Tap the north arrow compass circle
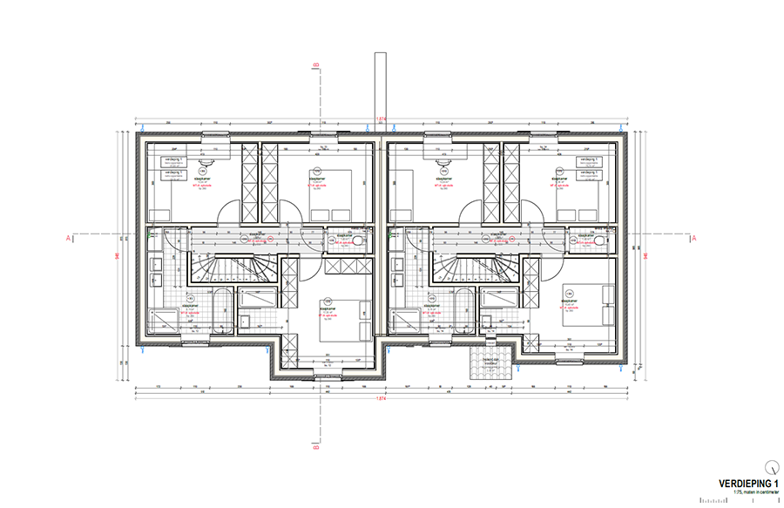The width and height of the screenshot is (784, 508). [x=771, y=464]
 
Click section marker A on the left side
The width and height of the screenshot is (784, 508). [x=68, y=236]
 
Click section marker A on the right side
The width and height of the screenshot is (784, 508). [x=694, y=236]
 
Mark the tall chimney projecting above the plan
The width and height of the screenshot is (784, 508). [x=379, y=87]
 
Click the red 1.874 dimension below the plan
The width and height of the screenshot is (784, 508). [x=381, y=398]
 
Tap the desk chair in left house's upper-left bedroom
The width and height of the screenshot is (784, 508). [x=206, y=163]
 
